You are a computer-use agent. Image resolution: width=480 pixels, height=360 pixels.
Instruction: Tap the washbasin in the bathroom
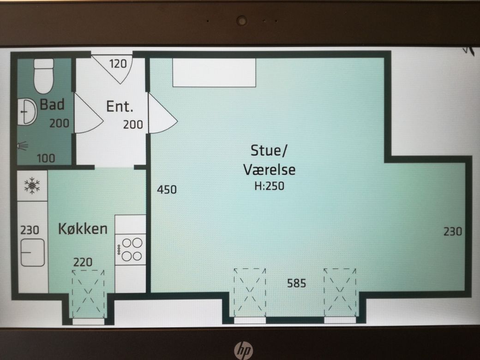[x=27, y=112]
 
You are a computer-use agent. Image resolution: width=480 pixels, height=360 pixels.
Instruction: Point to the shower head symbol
[x=22, y=146]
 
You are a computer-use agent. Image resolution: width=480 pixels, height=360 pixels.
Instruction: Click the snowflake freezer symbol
[x=32, y=186]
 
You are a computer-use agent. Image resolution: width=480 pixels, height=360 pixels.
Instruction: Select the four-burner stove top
[x=130, y=250]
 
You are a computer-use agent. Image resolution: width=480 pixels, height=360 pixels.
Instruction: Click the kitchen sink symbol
[x=33, y=253]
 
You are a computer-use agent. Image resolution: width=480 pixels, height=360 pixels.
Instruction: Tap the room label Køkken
[x=83, y=228]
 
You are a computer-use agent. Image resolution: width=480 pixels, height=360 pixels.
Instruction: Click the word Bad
[x=52, y=104]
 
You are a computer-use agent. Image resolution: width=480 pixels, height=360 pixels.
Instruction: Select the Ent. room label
[x=120, y=107]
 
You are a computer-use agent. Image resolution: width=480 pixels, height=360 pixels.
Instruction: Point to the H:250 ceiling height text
[x=270, y=186]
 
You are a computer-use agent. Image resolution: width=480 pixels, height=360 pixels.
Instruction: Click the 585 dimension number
[x=296, y=283]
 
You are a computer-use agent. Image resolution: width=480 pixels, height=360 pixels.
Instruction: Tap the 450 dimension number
[x=167, y=190]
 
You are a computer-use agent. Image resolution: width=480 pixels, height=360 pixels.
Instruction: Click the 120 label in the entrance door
[x=118, y=64]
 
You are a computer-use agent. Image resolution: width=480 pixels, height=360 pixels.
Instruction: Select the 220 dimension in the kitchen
[x=83, y=262]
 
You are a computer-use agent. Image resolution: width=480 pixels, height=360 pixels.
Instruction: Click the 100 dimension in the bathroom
[x=46, y=158]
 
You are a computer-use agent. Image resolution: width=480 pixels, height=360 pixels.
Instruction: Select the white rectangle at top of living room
[x=214, y=72]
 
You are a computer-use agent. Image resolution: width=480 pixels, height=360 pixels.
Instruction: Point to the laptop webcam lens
[x=242, y=21]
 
